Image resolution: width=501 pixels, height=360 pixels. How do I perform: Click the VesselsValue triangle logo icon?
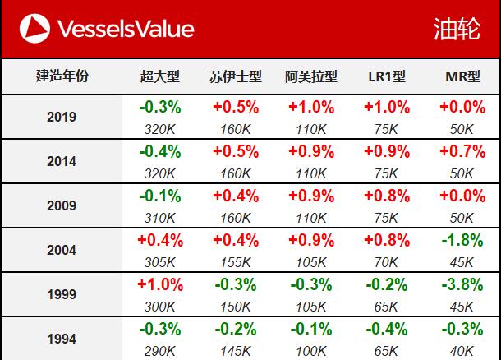pos(33,30)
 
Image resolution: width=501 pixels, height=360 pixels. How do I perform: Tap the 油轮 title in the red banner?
pos(457,30)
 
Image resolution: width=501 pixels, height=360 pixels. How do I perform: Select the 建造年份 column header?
pos(62,76)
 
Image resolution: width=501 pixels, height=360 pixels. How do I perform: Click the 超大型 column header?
pos(159,76)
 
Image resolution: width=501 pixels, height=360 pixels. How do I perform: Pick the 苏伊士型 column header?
pos(236,76)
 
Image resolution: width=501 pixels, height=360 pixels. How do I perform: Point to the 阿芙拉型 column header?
pos(310,76)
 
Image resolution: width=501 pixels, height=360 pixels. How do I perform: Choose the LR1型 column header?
pos(386,76)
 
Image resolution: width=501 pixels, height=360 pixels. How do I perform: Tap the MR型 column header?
pos(462,76)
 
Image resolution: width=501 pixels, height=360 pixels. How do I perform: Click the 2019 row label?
pos(62,117)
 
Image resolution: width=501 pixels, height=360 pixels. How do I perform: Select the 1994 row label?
pos(62,339)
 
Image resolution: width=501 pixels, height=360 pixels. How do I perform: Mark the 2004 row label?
pos(62,250)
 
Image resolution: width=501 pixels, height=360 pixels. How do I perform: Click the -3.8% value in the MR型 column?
pos(462,284)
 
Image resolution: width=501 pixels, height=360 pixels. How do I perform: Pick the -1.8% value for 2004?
pos(462,240)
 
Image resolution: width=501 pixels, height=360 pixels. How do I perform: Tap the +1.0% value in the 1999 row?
pos(160,284)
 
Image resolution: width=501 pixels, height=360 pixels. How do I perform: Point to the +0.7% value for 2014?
pos(462,151)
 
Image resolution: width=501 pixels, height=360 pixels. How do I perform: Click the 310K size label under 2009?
pos(160,217)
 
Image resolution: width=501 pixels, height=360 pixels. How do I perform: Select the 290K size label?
pos(160,350)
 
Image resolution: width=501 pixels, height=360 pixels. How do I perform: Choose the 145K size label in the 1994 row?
pos(236,350)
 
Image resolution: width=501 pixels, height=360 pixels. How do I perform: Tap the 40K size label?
pos(462,350)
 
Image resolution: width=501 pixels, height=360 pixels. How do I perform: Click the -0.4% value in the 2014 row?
pos(160,151)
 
